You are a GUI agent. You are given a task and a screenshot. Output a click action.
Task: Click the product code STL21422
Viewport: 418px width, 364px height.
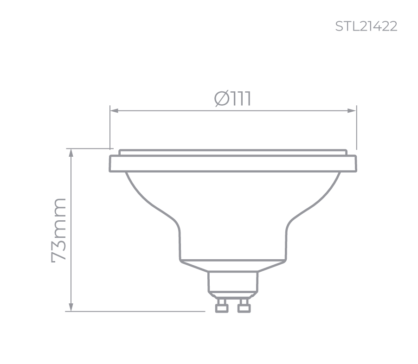click(366, 26)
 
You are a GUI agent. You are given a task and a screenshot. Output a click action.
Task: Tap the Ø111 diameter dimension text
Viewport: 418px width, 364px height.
click(233, 98)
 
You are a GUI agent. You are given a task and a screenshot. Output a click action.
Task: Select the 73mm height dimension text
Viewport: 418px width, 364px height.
click(59, 230)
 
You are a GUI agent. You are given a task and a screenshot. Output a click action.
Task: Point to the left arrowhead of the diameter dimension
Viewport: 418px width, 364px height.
click(114, 111)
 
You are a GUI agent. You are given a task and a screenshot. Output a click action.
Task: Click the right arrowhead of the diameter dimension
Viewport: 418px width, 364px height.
click(352, 111)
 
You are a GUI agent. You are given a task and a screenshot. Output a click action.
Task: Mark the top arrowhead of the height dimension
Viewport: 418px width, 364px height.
click(71, 153)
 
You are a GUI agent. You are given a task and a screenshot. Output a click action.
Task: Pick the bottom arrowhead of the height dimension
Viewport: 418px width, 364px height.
click(71, 307)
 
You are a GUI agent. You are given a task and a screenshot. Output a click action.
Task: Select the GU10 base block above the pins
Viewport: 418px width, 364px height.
click(232, 284)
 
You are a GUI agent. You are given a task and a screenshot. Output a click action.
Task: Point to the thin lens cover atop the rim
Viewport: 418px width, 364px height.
click(233, 152)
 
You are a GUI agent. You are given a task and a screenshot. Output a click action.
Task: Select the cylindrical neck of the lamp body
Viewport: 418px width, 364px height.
click(232, 241)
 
